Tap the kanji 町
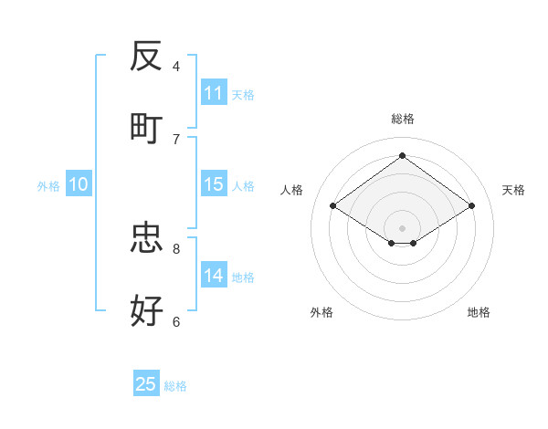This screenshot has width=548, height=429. [x=146, y=129]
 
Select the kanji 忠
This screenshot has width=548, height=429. [x=146, y=238]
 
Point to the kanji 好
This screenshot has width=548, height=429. [x=146, y=311]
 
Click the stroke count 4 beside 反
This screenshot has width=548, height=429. [x=176, y=66]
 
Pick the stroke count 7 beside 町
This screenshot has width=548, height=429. [x=176, y=139]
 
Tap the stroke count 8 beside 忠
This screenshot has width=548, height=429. [x=176, y=248]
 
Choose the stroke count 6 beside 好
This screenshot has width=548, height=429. [x=176, y=321]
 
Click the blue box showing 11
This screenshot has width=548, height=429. [x=213, y=93]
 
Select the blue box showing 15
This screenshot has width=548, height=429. [x=213, y=184]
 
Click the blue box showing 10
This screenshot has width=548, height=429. [x=79, y=184]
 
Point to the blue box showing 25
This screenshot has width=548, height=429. [x=146, y=384]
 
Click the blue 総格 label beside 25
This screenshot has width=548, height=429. [x=175, y=386]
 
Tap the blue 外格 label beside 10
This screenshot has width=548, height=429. [x=48, y=186]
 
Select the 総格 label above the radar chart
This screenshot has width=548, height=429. [x=402, y=119]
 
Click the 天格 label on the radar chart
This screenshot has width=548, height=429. [x=513, y=190]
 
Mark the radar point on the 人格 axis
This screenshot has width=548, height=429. [x=333, y=206]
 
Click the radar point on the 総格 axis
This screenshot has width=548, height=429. [x=402, y=155]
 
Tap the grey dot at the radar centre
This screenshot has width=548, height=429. [x=402, y=227]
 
